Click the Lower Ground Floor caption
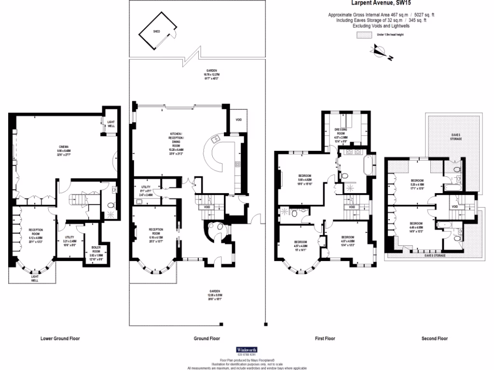point(60,339)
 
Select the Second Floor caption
point(435,339)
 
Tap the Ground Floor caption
point(207,339)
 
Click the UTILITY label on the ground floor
point(146,187)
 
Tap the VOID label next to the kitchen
point(239,120)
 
